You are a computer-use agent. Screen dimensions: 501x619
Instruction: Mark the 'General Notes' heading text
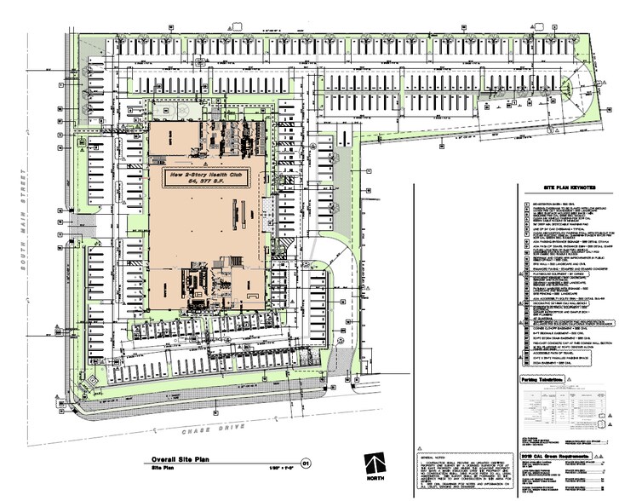pos(435,456)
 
